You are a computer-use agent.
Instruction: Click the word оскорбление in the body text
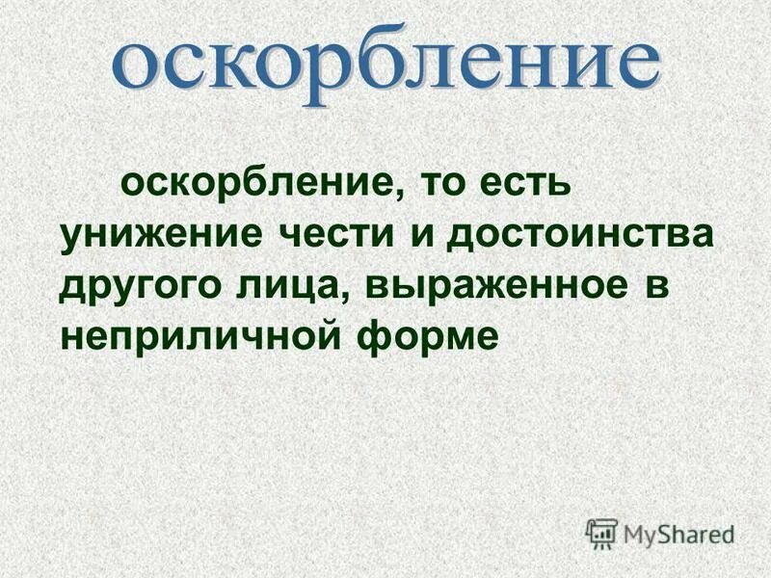[x=252, y=182]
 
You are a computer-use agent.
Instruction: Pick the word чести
[x=333, y=235]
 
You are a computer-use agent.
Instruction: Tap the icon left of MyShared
[x=601, y=532]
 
